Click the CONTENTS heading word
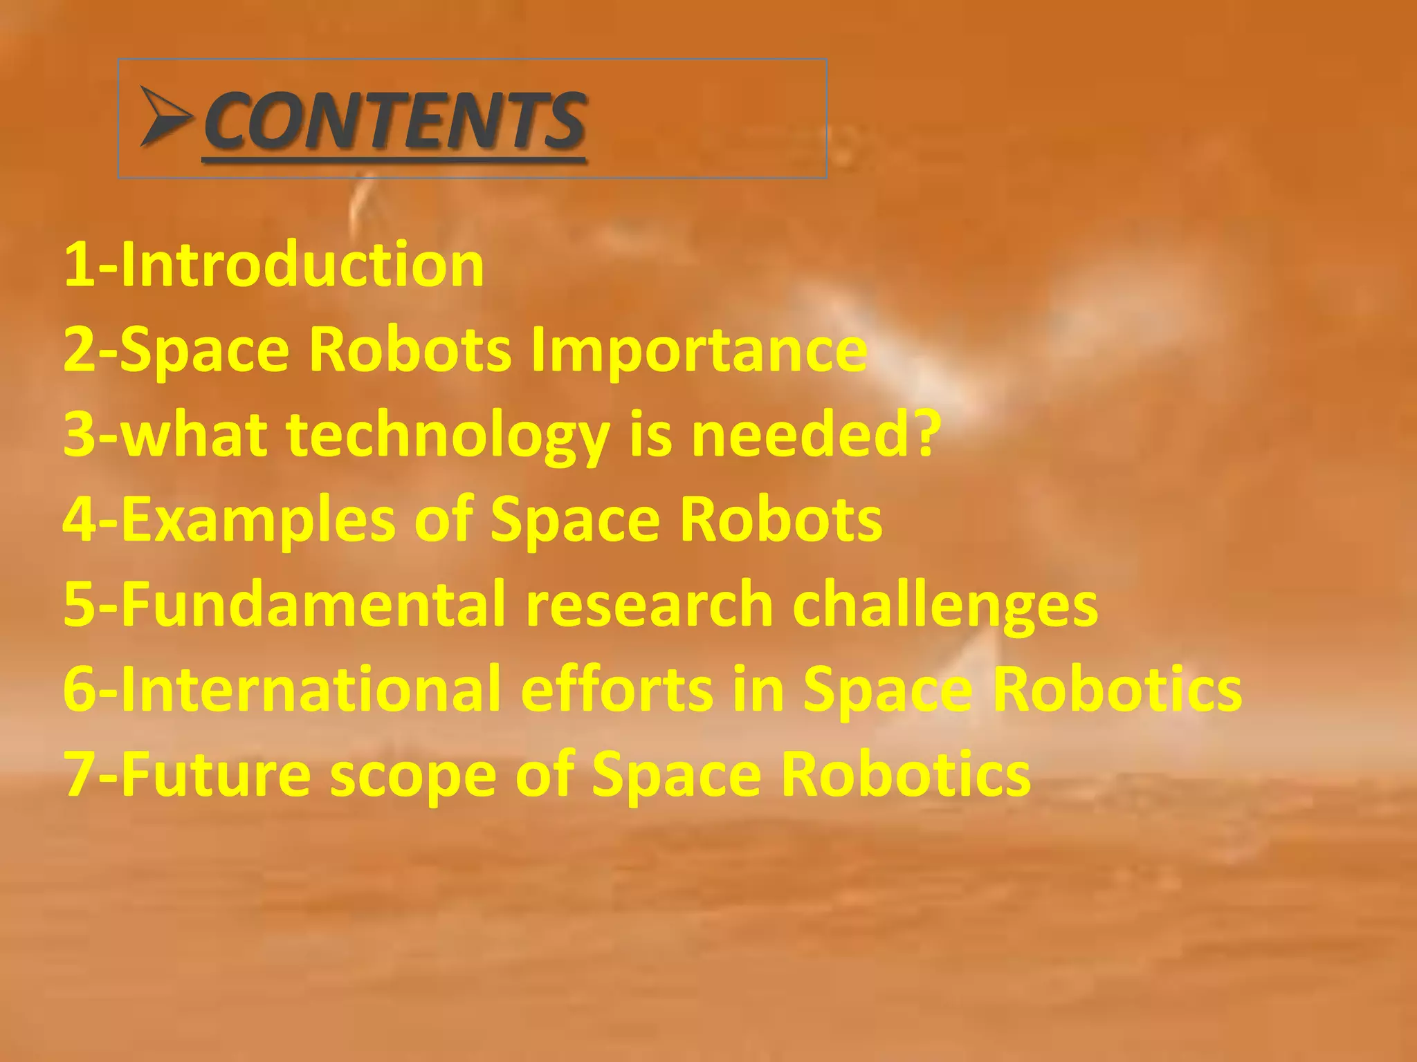pyautogui.click(x=395, y=121)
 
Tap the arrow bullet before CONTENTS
pyautogui.click(x=165, y=116)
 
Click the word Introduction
pyautogui.click(x=302, y=265)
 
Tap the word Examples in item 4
pyautogui.click(x=258, y=520)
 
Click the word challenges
pyautogui.click(x=945, y=606)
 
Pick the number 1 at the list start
pyautogui.click(x=78, y=265)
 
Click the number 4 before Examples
pyautogui.click(x=78, y=520)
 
